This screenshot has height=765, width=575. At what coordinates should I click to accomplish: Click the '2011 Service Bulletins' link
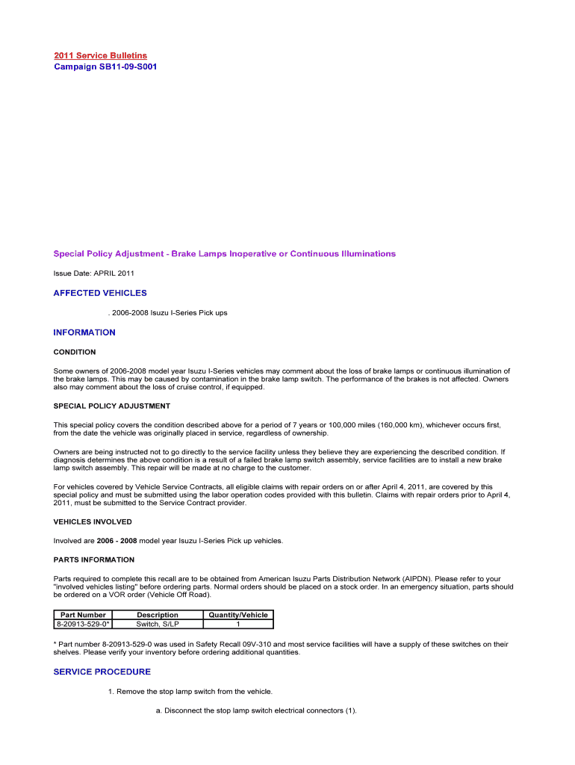pos(100,56)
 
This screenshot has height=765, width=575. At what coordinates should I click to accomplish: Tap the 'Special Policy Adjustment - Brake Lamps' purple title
pos(224,254)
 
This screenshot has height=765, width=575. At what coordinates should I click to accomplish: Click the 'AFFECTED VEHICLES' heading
pos(100,294)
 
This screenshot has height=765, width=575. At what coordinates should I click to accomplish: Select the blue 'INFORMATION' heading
pos(84,332)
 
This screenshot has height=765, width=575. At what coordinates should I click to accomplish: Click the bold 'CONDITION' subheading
pos(75,352)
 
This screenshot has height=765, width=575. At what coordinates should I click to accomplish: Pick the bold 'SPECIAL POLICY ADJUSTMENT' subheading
pos(112,406)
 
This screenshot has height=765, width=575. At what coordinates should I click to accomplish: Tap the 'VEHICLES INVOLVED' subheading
pos(93,521)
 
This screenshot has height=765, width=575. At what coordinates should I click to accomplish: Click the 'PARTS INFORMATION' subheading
pos(94,560)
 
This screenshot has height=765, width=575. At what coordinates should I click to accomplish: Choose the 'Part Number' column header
pos(83,615)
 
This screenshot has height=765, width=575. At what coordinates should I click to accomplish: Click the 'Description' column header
pos(158,615)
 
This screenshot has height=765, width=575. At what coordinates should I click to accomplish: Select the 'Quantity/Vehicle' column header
pos(238,615)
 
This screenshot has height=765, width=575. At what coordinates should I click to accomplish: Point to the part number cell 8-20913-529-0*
pos(84,624)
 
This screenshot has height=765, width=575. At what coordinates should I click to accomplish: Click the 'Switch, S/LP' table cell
pos(158,624)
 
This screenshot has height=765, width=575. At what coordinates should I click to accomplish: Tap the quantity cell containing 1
pos(238,624)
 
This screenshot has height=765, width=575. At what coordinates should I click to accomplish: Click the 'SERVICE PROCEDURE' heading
pos(102,672)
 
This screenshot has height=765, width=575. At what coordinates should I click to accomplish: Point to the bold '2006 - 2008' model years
pos(116,541)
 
